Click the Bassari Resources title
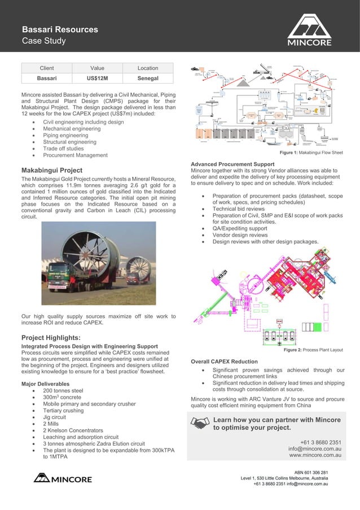[60, 29]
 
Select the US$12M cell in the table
[97, 79]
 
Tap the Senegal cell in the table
[147, 79]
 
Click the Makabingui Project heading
[52, 170]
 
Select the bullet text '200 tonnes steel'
[63, 391]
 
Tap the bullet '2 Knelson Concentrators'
[73, 430]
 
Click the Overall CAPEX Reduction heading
[224, 361]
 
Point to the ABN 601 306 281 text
[311, 472]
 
